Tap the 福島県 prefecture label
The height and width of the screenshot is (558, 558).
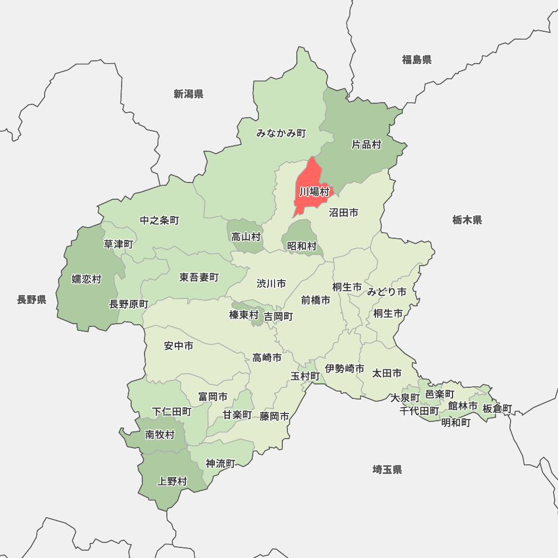point(417,60)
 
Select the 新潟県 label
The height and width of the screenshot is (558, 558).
point(188,94)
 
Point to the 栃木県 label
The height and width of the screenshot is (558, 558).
point(467,220)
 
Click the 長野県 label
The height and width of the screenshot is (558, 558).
point(31,300)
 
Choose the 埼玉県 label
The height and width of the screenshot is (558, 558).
point(387,469)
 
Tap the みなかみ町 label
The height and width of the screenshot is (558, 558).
point(281,133)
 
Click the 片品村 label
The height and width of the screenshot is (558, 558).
point(366,145)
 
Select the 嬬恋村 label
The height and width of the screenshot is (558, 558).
point(86,279)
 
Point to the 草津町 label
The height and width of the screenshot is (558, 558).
point(118,244)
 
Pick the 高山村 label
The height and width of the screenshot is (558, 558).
point(246,237)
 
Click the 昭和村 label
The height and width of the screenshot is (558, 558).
point(302,246)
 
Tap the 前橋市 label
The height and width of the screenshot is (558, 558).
point(316,300)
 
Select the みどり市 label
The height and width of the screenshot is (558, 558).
point(386,292)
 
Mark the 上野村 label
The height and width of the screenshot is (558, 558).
point(172,481)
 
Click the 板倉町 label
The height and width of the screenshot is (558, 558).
point(497,408)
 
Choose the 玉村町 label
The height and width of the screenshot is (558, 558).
point(305,376)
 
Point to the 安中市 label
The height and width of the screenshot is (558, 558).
point(179,346)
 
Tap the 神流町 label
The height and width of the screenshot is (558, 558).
point(220,463)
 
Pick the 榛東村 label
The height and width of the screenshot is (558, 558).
point(244,315)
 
